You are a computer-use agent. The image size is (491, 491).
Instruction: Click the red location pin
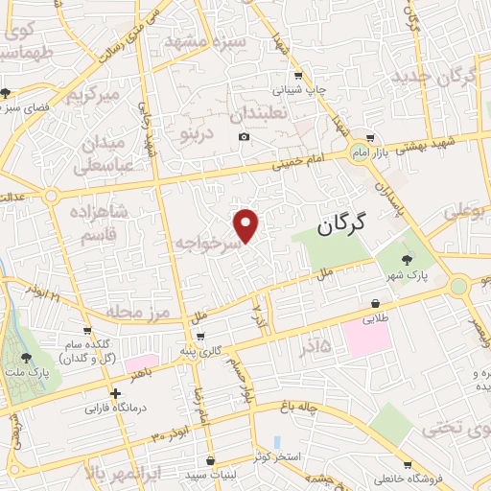coord(246,225)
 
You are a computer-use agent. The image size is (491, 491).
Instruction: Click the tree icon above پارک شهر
coord(408,260)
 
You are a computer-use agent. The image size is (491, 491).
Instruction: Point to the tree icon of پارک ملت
coord(26,357)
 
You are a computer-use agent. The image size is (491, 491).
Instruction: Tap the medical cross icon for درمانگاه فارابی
coord(116,393)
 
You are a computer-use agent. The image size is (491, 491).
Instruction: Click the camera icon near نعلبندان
coord(245,137)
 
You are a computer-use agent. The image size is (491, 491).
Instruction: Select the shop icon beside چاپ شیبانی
coord(299,76)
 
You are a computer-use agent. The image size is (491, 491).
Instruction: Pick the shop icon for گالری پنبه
coord(199,337)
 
